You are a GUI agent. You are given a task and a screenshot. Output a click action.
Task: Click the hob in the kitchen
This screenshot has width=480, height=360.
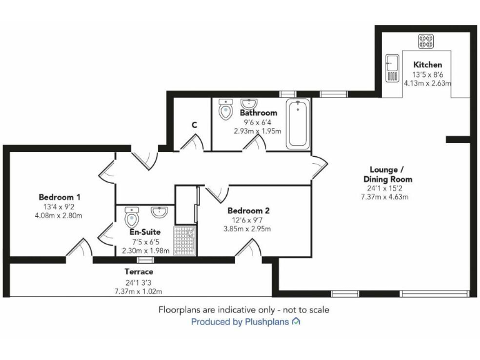click(x=427, y=41)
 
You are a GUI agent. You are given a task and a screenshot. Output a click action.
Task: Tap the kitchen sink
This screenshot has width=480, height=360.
click(x=392, y=68)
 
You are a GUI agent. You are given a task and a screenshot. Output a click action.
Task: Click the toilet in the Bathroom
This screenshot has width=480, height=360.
click(x=225, y=111)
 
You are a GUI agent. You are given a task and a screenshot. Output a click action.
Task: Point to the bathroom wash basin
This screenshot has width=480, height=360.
click(x=249, y=103)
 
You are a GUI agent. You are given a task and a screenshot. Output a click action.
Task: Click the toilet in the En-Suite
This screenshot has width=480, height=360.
click(x=132, y=218)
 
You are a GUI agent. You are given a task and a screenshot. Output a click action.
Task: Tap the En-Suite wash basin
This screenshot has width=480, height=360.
click(x=160, y=211)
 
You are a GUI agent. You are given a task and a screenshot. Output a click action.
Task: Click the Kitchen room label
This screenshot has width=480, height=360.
click(x=427, y=64)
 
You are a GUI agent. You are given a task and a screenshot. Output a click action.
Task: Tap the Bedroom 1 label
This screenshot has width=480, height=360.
click(x=59, y=196)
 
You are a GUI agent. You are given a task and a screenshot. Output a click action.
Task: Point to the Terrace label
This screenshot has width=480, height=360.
click(x=138, y=272)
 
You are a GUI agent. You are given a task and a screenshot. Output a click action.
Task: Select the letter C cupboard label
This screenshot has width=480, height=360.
click(x=194, y=124)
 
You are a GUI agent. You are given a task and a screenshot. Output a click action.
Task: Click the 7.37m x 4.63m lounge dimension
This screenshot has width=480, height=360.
click(x=384, y=197)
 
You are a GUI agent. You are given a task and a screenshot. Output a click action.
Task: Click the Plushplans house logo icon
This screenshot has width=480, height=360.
click(x=296, y=322)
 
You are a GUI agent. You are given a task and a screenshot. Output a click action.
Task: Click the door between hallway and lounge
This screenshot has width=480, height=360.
click(x=319, y=166)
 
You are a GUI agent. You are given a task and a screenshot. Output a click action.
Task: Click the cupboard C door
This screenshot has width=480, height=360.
click(x=192, y=143)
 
